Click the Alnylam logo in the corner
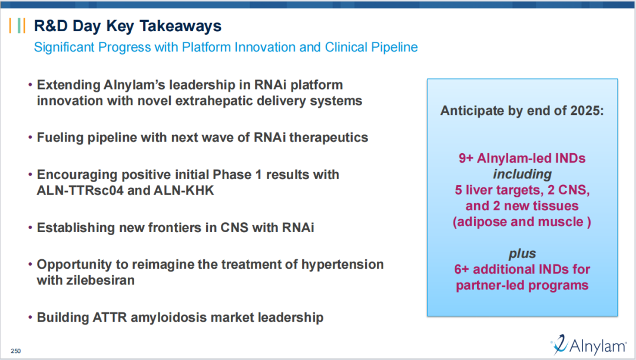click(588, 345)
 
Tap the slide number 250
click(16, 351)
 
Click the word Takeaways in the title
click(181, 26)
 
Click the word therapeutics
click(329, 138)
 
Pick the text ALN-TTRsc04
click(80, 190)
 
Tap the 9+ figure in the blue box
click(466, 158)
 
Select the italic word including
click(522, 174)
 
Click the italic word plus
click(522, 254)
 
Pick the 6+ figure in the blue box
click(462, 269)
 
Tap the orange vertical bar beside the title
click(11, 25)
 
